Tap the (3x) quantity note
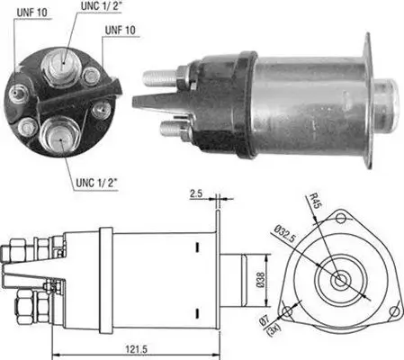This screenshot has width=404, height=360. pos(268,335)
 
